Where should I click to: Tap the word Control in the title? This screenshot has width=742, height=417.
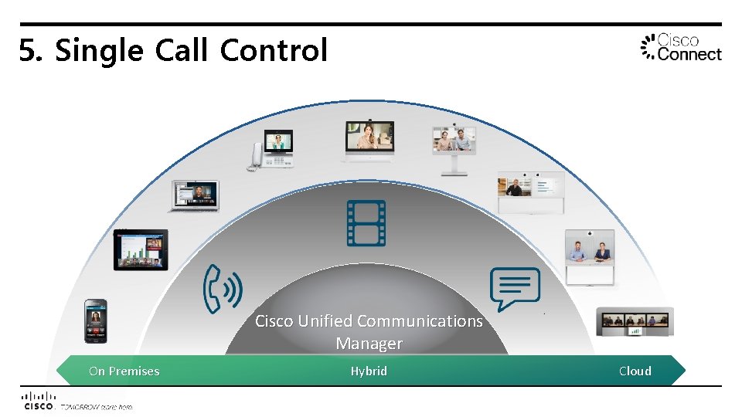click(274, 51)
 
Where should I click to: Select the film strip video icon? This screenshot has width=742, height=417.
click(366, 223)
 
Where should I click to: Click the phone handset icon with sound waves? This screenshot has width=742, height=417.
click(223, 289)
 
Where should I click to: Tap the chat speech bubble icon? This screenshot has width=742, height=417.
click(516, 289)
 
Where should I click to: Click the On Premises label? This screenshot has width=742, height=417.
click(124, 371)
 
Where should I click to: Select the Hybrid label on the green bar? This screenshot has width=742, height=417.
click(369, 371)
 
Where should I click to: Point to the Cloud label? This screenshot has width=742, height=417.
click(635, 371)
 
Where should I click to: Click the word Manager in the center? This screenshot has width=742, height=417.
click(369, 344)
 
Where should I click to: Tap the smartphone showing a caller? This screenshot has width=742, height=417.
click(96, 320)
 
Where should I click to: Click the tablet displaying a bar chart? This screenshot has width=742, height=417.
click(141, 249)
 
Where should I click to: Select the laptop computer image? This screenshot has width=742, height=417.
click(194, 196)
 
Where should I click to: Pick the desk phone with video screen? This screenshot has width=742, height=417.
click(271, 150)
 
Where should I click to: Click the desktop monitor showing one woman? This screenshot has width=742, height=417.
click(369, 141)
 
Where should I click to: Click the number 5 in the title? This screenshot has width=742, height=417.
click(29, 51)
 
